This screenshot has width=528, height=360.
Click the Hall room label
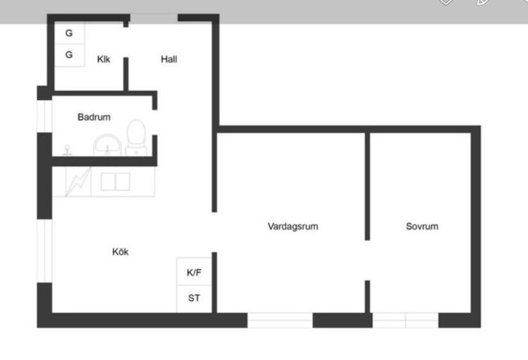tap(169, 59)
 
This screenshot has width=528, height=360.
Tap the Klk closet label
tap(103, 59)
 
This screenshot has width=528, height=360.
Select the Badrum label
tap(94, 117)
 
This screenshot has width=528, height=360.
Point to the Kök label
tap(121, 252)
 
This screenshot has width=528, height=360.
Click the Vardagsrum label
tap(293, 226)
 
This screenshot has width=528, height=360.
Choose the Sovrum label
tap(422, 226)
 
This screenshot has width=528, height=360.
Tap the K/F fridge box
tap(194, 271)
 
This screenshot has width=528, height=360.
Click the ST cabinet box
tap(194, 299)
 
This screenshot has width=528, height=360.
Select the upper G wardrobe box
tap(70, 33)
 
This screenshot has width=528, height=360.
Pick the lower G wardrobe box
tap(70, 55)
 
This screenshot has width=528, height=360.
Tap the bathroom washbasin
tap(107, 145)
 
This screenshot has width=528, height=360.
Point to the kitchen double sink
tap(116, 181)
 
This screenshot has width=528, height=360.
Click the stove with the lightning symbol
tap(79, 181)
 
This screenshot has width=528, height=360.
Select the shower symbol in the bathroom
tap(67, 150)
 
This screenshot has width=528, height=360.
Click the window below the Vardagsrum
tap(280, 321)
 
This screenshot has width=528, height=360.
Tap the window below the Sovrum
tap(405, 321)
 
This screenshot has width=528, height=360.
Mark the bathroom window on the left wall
tap(44, 116)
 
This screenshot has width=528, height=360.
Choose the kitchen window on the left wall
tap(44, 251)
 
